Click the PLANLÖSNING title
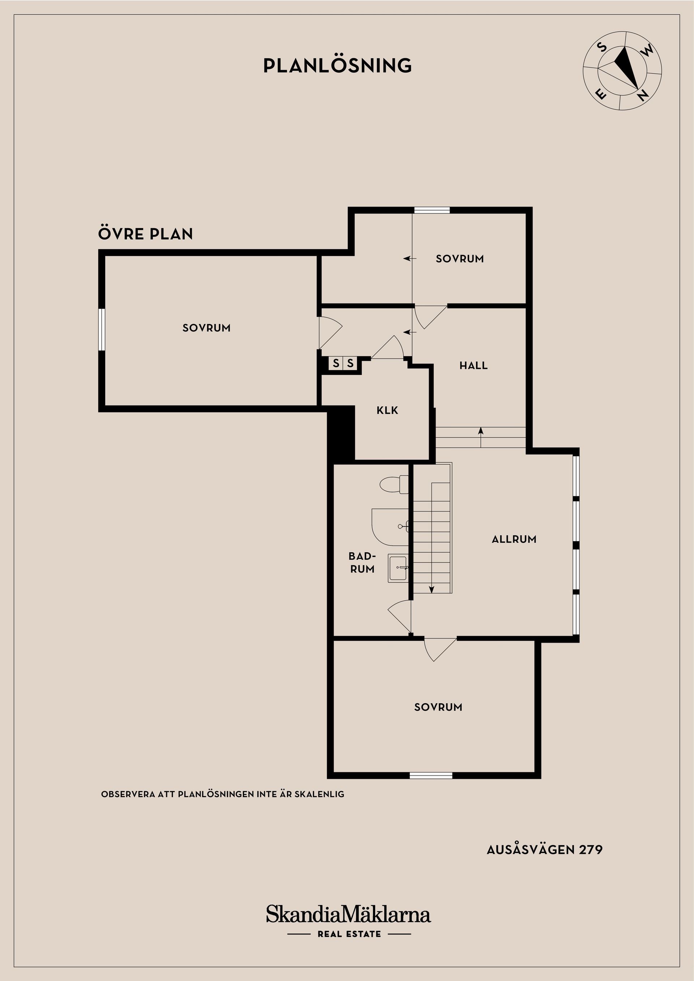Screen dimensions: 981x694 (x=337, y=65)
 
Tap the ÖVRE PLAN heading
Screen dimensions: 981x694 (x=145, y=234)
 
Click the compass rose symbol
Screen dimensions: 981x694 (x=622, y=70)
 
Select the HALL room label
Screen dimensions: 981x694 (x=474, y=365)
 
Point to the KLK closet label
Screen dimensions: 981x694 (x=387, y=410)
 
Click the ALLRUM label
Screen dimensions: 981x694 (x=514, y=539)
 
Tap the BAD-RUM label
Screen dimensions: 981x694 (x=362, y=562)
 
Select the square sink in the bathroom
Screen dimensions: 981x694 (x=398, y=568)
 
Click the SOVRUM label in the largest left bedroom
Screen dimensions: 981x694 (x=206, y=328)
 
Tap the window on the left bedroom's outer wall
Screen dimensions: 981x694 (x=102, y=329)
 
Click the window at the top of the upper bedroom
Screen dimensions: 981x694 (x=432, y=210)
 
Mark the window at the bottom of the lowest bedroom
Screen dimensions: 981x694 (x=430, y=775)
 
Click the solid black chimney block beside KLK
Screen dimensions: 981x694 (x=341, y=434)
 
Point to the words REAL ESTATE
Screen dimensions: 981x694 (x=349, y=934)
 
